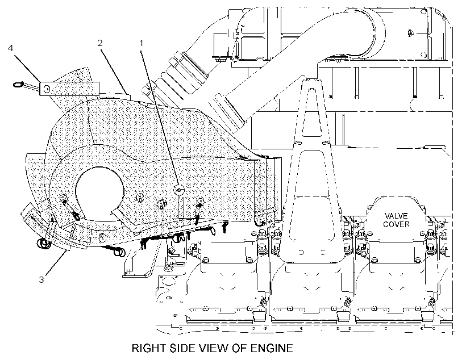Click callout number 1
(x=142, y=43)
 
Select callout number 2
(x=100, y=43)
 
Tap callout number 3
(x=41, y=279)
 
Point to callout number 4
(x=10, y=48)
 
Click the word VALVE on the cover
(x=396, y=216)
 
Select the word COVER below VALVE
(x=396, y=224)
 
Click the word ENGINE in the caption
(x=272, y=348)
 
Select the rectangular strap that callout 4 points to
(x=69, y=89)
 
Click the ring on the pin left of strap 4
(x=18, y=85)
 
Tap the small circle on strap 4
(x=46, y=89)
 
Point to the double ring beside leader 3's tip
(x=43, y=244)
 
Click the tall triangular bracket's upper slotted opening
(x=312, y=112)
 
